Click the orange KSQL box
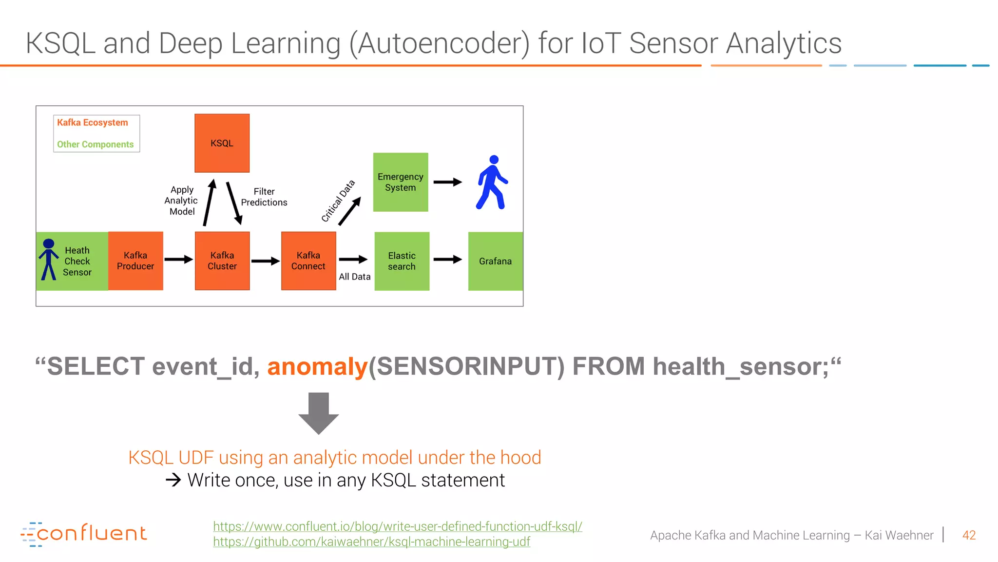coord(222,143)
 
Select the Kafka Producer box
coord(135,261)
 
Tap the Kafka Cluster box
coord(222,261)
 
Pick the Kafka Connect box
coord(308,261)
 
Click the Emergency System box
coord(401,182)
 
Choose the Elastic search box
coord(402,261)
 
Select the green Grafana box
coord(495,261)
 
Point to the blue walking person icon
coord(492,182)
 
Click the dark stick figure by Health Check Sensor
coord(49,260)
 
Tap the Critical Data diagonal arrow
coord(349,211)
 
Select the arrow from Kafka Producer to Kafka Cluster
coord(178,260)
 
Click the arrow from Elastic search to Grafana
coord(447,260)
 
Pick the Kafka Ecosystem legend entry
coord(93,122)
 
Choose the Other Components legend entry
coord(95,144)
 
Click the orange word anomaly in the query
coord(317,367)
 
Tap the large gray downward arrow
coord(319,413)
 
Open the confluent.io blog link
coord(397,526)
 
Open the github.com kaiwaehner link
coord(371,542)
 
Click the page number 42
coord(969,535)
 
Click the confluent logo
coord(84,534)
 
